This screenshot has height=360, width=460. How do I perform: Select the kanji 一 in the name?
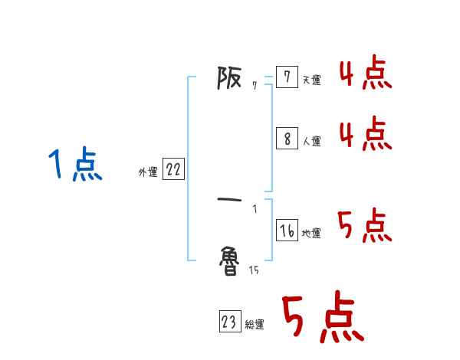tap(230, 201)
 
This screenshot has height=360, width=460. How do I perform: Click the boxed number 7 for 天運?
tap(286, 77)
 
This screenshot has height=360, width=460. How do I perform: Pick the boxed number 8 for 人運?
tap(286, 139)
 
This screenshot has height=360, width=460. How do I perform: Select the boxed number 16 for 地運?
tap(286, 230)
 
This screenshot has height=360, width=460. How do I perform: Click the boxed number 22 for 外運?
tap(173, 170)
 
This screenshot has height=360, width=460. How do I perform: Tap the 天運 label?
tap(311, 80)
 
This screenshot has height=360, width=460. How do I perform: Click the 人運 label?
tap(311, 141)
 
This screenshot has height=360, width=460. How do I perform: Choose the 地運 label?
tap(311, 233)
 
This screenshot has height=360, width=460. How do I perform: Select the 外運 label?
tap(148, 173)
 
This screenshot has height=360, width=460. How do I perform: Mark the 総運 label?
tap(254, 325)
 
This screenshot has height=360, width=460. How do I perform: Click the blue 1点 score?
tap(75, 165)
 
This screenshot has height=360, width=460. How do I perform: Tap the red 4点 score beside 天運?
tap(365, 74)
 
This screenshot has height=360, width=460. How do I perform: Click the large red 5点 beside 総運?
tap(322, 319)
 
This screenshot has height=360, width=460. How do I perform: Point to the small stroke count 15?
tap(254, 270)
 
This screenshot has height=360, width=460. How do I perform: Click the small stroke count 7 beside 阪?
tap(254, 86)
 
